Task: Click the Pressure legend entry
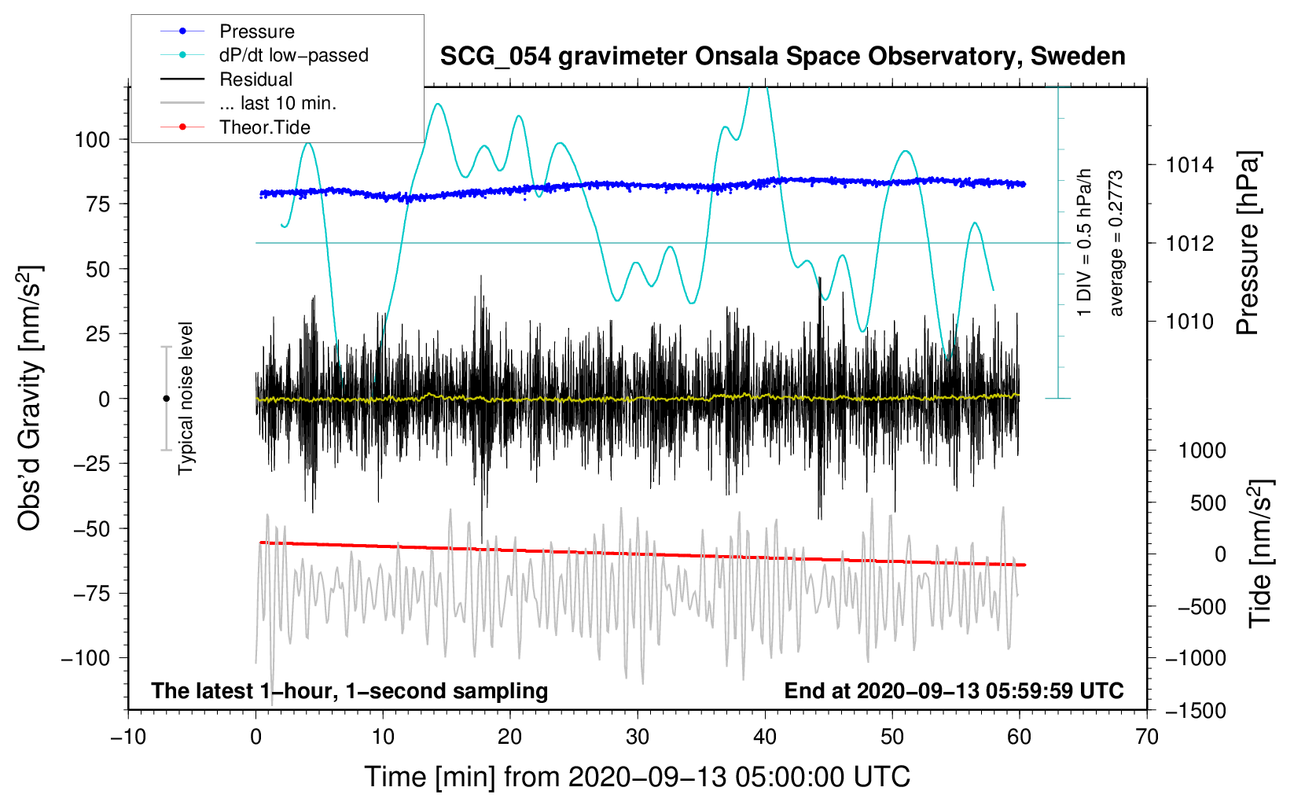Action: click(x=256, y=31)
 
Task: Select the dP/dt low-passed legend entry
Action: click(x=293, y=55)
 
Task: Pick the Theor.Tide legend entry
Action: click(x=264, y=127)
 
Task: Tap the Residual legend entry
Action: click(x=255, y=79)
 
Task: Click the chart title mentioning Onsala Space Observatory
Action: click(x=782, y=57)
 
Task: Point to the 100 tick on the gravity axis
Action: click(x=92, y=140)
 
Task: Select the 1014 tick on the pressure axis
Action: click(x=1189, y=165)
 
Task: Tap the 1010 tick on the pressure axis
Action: click(x=1189, y=322)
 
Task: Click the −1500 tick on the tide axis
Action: click(x=1196, y=711)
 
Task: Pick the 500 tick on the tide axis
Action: click(x=1208, y=503)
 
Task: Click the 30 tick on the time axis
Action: click(x=638, y=738)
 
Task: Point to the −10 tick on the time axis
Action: click(x=128, y=738)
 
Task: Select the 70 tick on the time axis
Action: click(x=1147, y=738)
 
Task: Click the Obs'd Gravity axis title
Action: click(x=30, y=399)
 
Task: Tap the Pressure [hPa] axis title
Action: click(x=1248, y=244)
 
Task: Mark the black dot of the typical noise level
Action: click(x=166, y=399)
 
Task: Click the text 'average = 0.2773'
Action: click(x=1116, y=244)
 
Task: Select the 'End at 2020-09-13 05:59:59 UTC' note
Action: click(x=954, y=691)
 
